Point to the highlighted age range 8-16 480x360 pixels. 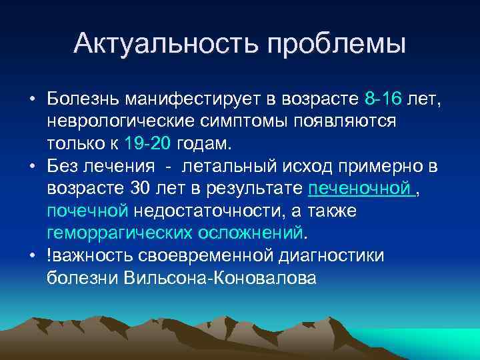(383, 100)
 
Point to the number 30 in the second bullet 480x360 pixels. (143, 189)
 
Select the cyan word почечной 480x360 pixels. (87, 211)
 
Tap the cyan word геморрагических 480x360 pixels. (120, 233)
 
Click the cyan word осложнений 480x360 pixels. (250, 233)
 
